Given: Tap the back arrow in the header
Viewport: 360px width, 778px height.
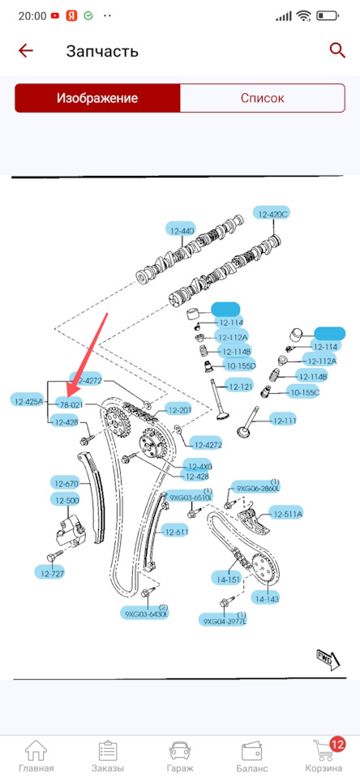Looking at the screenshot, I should (26, 50).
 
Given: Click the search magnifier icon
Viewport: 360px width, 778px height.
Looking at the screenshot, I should (337, 50).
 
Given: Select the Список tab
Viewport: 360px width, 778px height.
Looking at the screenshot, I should (263, 98).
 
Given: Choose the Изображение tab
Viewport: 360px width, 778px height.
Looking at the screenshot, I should (96, 98).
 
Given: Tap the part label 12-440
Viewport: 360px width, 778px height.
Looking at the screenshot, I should (182, 230).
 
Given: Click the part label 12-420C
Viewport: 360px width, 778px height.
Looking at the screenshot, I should (272, 213).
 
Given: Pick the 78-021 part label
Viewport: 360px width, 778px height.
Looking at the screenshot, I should (71, 404).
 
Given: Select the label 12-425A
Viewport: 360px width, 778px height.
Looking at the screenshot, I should (31, 400).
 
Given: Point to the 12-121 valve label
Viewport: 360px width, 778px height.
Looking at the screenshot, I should (240, 386).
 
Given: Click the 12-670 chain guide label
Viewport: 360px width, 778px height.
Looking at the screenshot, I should (66, 484).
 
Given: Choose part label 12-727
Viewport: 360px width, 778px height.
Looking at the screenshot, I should (53, 573).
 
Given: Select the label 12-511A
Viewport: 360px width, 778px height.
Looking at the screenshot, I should (287, 514).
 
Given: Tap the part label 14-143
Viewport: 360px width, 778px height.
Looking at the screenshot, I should (266, 599).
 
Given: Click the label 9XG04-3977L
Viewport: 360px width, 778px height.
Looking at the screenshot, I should (224, 621).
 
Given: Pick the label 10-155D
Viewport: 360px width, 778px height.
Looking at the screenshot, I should (240, 365).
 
